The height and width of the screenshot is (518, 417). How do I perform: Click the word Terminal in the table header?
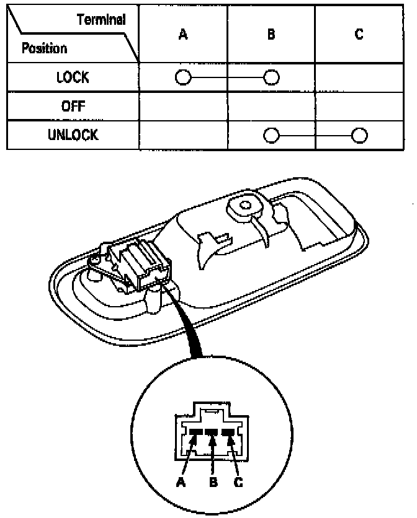click(x=101, y=19)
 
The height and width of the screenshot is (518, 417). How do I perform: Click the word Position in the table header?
click(x=45, y=48)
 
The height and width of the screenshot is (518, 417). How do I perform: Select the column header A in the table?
click(x=182, y=35)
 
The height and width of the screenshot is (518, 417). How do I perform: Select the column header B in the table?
click(x=271, y=35)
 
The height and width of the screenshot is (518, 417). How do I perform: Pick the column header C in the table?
click(x=359, y=35)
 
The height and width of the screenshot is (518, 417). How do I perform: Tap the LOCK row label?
click(x=73, y=77)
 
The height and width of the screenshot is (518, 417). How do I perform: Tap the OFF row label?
click(x=73, y=106)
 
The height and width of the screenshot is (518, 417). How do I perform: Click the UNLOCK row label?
click(x=73, y=135)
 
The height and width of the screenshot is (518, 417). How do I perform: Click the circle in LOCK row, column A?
click(x=182, y=77)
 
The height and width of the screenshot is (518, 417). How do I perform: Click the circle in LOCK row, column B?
click(x=271, y=77)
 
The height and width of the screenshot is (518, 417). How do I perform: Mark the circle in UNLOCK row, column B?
click(x=271, y=135)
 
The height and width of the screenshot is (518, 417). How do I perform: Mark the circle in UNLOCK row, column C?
click(x=359, y=135)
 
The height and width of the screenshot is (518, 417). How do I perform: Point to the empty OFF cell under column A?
click(x=182, y=106)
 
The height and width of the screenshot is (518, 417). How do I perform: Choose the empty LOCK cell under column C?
click(x=359, y=77)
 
